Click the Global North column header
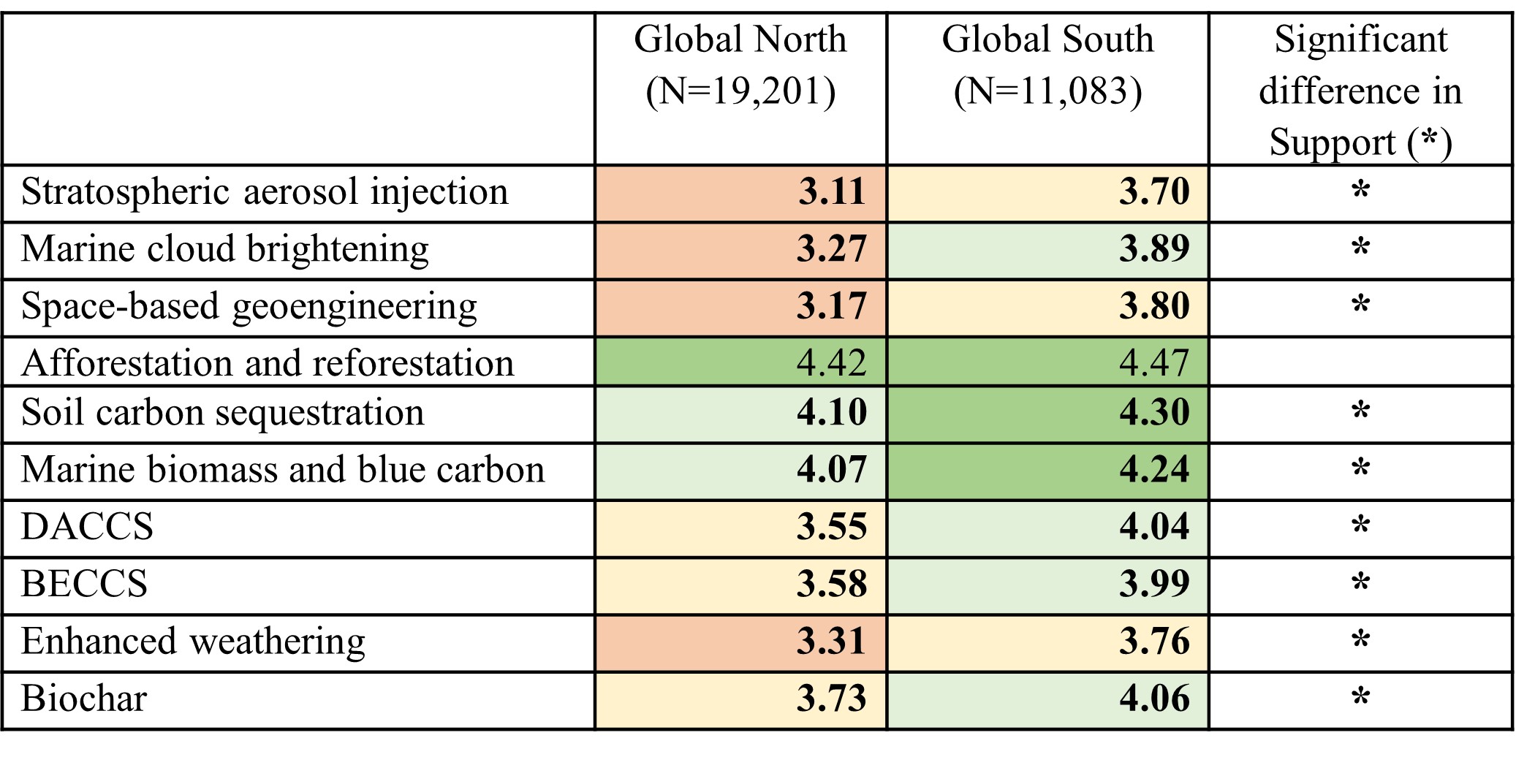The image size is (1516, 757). [x=740, y=65]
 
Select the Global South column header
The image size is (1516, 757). [x=1047, y=65]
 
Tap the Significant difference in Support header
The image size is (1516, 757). [x=1360, y=90]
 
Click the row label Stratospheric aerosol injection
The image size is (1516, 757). [x=265, y=193]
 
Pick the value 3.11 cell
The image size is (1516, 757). [x=831, y=193]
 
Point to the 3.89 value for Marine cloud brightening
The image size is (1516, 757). [x=1153, y=250]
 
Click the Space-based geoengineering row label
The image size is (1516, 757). [x=249, y=307]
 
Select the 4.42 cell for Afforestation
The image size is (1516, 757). [x=831, y=363]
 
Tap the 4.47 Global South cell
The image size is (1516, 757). [x=1153, y=363]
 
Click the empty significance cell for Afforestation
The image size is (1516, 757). [x=1360, y=362]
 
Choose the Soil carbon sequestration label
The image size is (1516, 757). [x=223, y=413]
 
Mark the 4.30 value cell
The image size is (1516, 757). [x=1153, y=414]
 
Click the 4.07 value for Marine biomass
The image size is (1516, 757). [x=831, y=471]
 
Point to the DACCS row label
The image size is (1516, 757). [x=88, y=528]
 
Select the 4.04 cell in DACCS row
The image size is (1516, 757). [x=1153, y=528]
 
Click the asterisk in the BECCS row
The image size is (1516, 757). [x=1360, y=585]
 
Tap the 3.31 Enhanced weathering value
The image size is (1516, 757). [x=831, y=642]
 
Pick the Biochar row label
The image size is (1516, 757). [x=84, y=699]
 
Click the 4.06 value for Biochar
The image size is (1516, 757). [x=1153, y=699]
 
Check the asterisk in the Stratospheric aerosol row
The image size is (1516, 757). [x=1360, y=193]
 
